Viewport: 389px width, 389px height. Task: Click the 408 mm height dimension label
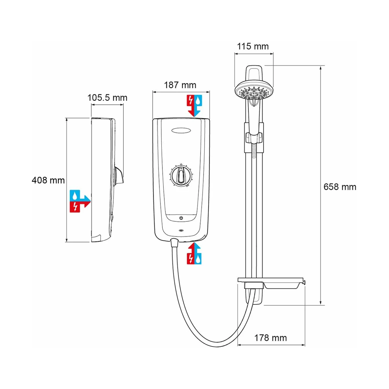click(x=48, y=180)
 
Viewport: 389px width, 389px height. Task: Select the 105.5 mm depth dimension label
click(x=107, y=98)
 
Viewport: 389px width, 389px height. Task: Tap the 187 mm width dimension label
click(x=180, y=85)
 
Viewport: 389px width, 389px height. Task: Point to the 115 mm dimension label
click(x=253, y=46)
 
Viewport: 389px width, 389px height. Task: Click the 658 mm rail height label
click(x=340, y=187)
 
